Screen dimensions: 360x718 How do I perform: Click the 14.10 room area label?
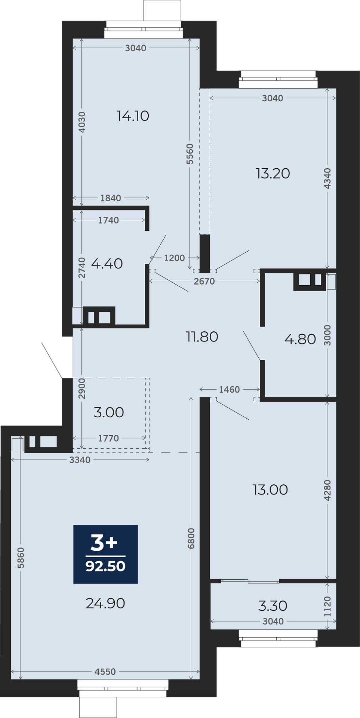tap(133, 116)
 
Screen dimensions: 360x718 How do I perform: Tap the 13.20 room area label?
tap(273, 174)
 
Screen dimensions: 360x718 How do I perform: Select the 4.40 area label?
tap(107, 264)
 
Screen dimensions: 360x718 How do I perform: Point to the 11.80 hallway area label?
tap(202, 337)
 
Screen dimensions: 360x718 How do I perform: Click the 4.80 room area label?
tap(300, 339)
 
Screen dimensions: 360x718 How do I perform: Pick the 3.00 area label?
tap(109, 412)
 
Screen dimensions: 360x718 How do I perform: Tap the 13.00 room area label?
tap(270, 490)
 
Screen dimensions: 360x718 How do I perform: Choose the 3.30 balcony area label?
tap(273, 606)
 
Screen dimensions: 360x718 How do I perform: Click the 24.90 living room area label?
tap(105, 604)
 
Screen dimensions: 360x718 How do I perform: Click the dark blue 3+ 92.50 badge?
tap(105, 554)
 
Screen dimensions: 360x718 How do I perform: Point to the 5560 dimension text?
tap(190, 154)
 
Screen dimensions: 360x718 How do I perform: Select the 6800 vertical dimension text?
tap(191, 538)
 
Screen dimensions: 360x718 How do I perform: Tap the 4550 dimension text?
tap(105, 672)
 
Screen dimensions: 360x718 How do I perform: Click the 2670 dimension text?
tap(204, 281)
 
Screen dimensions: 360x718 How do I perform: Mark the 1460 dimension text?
tap(229, 390)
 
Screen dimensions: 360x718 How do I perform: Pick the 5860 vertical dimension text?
tap(21, 558)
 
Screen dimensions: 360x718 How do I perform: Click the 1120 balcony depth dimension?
tap(327, 607)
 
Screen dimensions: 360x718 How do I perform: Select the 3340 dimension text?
tap(80, 460)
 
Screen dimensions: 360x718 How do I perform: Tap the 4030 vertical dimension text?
tap(82, 122)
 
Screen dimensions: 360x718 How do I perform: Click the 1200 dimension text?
tap(174, 258)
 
